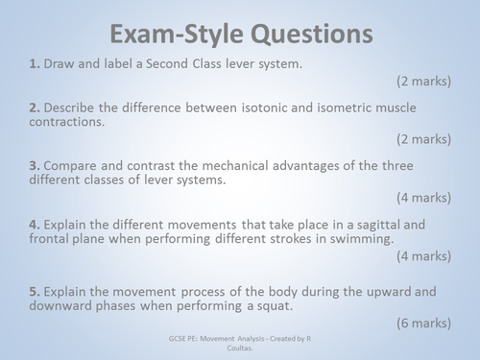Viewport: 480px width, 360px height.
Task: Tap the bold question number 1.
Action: coord(35,63)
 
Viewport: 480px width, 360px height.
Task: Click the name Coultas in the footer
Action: coord(241,348)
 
